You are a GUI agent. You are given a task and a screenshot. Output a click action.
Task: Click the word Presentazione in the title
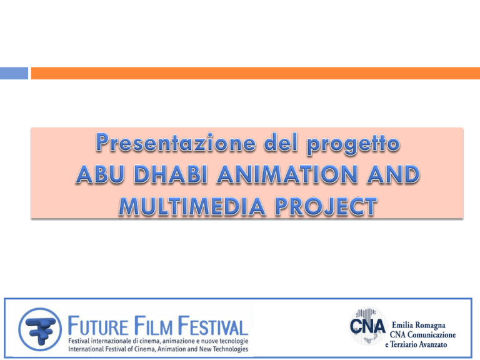(176, 142)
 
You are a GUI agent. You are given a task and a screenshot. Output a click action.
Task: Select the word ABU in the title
(100, 174)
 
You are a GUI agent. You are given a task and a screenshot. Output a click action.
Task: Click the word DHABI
(171, 174)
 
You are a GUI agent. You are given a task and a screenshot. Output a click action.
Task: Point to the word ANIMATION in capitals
(287, 174)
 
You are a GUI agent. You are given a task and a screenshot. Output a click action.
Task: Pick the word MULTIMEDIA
(192, 206)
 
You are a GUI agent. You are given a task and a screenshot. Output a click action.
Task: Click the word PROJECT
(326, 206)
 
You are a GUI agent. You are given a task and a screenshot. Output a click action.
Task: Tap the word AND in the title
(393, 174)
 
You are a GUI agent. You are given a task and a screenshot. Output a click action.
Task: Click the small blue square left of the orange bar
(14, 73)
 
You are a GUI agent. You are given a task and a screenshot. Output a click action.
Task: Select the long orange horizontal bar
(255, 73)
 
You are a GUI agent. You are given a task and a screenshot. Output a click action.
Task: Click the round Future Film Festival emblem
(40, 329)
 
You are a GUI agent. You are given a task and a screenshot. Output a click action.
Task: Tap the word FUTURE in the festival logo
(97, 326)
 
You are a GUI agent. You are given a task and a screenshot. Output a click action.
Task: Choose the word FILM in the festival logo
(153, 326)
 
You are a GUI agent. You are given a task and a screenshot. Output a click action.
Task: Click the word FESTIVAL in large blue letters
(213, 326)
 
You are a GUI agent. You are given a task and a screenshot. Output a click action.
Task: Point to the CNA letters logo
(367, 326)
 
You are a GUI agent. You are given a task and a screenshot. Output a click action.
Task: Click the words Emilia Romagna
(419, 325)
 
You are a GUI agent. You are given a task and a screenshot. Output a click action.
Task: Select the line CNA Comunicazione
(422, 334)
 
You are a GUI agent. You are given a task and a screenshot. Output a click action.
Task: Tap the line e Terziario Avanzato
(416, 344)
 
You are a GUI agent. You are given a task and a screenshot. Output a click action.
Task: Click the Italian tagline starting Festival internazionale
(158, 341)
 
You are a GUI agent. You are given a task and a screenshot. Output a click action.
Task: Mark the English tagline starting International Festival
(158, 349)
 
